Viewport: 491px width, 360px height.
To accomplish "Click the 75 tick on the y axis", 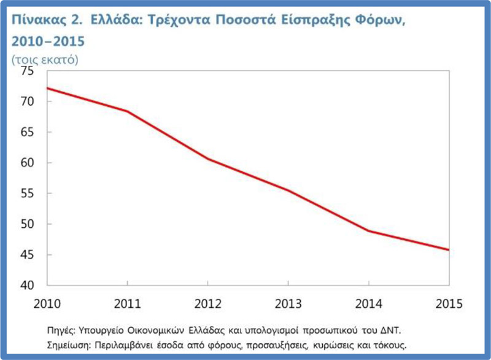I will [x=28, y=71].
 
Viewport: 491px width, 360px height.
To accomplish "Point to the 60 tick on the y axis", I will [x=28, y=163].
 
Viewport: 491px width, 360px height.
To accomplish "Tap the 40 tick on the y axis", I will [x=28, y=286].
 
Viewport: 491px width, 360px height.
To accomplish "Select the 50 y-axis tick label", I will [x=28, y=224].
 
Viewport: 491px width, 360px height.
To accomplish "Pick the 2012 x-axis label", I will [x=207, y=303].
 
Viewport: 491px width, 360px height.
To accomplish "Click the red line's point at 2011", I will [x=127, y=111].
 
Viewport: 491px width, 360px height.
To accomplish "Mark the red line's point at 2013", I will [x=288, y=190].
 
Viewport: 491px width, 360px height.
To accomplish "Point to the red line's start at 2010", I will [x=47, y=88].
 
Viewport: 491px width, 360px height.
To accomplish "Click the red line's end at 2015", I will [x=449, y=250].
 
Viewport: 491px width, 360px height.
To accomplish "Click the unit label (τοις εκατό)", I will [x=45, y=60].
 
